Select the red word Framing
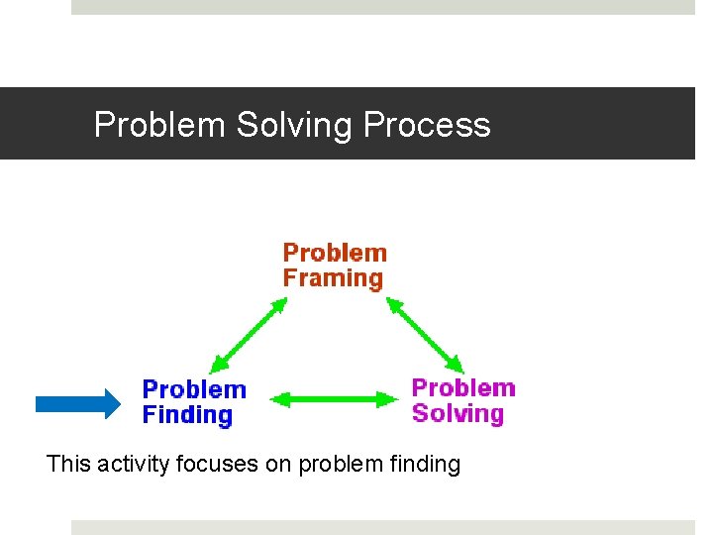(x=333, y=278)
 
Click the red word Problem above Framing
(x=335, y=253)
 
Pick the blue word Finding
(x=187, y=415)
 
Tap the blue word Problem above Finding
(x=194, y=389)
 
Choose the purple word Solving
(x=458, y=413)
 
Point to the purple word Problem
(x=463, y=387)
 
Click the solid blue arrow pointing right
(x=77, y=402)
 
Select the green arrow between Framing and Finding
(x=249, y=336)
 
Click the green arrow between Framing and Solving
(x=424, y=335)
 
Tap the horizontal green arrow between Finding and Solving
(x=332, y=400)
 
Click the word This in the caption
(x=67, y=463)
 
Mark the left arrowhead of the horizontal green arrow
(x=278, y=400)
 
